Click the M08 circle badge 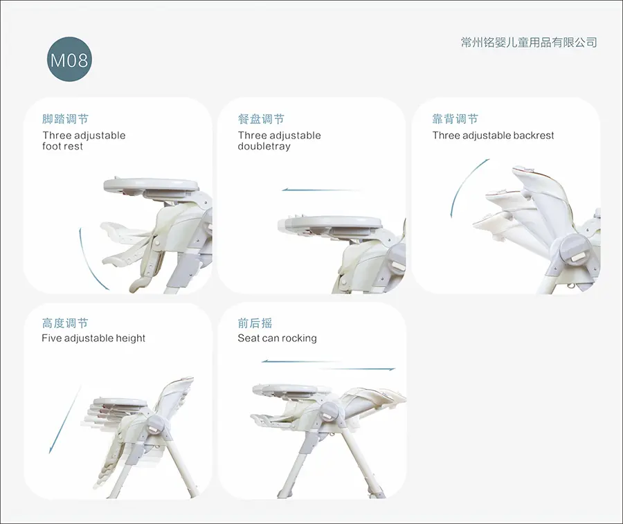click(69, 60)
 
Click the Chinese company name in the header click(529, 42)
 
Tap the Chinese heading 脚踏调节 click(65, 119)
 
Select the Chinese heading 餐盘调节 click(261, 119)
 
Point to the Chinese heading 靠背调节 click(455, 119)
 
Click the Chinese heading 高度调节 click(65, 323)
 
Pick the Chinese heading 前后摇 click(255, 323)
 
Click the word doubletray click(264, 146)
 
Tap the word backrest click(534, 136)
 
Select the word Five click(51, 338)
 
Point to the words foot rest click(63, 146)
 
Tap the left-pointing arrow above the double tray click(322, 190)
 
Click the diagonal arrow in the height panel click(65, 419)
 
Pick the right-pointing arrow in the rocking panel click(356, 369)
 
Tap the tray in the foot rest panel click(151, 185)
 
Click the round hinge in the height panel click(156, 424)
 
